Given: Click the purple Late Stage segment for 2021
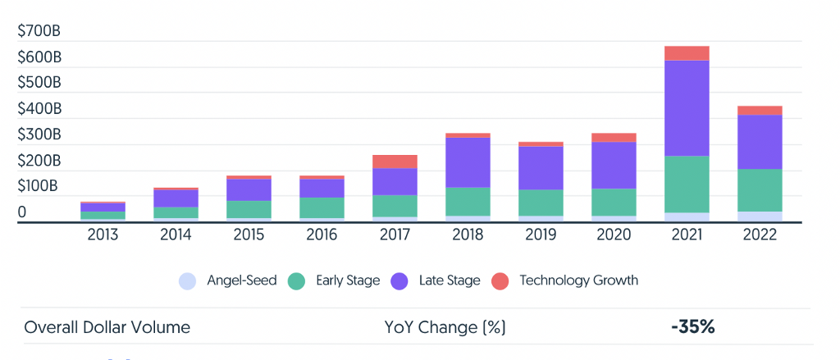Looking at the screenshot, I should tap(687, 108).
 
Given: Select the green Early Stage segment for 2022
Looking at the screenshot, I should tap(760, 190).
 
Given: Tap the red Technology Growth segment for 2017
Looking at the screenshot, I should tap(395, 162).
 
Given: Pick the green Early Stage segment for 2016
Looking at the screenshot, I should tap(322, 207).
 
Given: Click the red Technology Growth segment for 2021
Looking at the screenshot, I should tap(687, 53).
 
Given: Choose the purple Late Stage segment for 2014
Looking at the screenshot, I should tap(176, 198).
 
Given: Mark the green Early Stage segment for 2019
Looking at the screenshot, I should tap(541, 203).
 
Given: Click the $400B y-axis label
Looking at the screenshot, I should tap(39, 108).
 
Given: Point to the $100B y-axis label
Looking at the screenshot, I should tap(39, 185).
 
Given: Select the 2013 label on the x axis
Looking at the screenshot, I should tap(103, 235).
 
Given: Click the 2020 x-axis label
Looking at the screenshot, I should tap(614, 235).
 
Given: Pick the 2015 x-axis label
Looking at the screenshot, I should tap(249, 235).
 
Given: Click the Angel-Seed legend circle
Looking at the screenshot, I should tap(187, 281).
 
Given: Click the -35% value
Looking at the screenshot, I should tap(692, 327).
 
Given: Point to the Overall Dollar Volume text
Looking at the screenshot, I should tap(107, 327).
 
